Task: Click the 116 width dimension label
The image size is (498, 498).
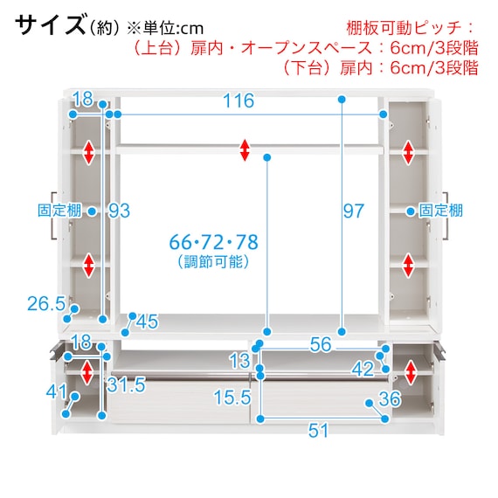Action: click(x=239, y=100)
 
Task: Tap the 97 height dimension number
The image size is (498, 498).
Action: click(x=353, y=211)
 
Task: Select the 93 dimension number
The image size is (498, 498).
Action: click(x=119, y=211)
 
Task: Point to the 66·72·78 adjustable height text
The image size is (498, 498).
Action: click(x=213, y=242)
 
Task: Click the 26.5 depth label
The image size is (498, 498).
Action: click(x=46, y=304)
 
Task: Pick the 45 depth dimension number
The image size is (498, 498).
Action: click(x=147, y=322)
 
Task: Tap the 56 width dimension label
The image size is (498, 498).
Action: click(x=321, y=344)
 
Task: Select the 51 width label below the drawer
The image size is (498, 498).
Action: click(x=318, y=431)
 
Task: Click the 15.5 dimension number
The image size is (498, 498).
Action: click(x=232, y=398)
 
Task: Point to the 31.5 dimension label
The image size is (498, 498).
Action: click(x=126, y=385)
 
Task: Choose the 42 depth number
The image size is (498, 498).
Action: click(x=363, y=370)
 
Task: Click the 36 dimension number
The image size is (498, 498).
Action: click(x=390, y=399)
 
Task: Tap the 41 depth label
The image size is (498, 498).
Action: click(x=57, y=391)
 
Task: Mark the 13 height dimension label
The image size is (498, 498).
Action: click(x=240, y=361)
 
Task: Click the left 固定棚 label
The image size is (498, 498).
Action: click(x=59, y=211)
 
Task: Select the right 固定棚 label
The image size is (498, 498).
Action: click(x=441, y=211)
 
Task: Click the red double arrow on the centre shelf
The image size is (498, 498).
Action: click(x=245, y=150)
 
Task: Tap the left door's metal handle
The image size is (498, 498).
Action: click(x=53, y=216)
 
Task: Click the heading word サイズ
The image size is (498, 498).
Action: click(x=51, y=24)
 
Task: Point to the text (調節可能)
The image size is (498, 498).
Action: click(x=213, y=262)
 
